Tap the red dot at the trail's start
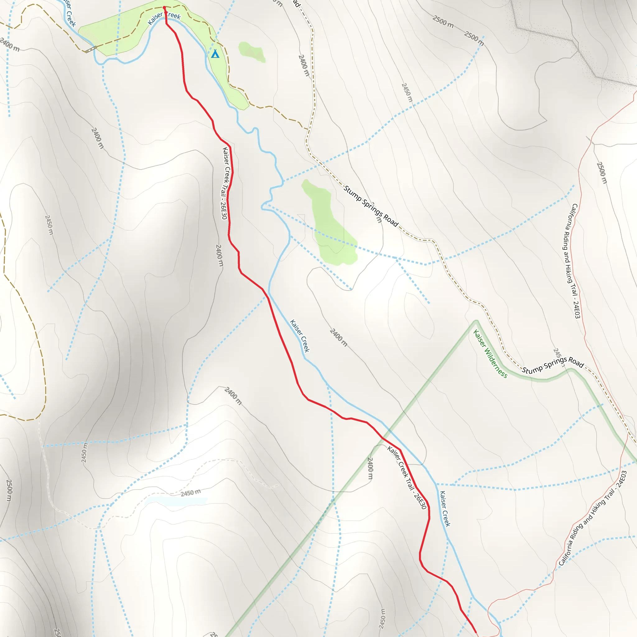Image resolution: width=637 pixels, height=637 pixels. click(x=164, y=7)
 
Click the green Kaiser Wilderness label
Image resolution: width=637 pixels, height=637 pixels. click(x=490, y=353)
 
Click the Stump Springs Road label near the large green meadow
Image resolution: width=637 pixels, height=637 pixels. click(x=371, y=206)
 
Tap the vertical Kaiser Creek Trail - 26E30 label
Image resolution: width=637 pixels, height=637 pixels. click(x=225, y=183)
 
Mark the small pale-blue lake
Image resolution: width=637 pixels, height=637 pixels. click(x=176, y=501)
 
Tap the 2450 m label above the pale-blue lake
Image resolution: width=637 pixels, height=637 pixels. click(x=191, y=493)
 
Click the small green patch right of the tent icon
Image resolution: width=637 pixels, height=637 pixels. click(x=252, y=51)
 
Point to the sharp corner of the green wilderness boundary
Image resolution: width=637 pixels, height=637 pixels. click(x=476, y=321)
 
